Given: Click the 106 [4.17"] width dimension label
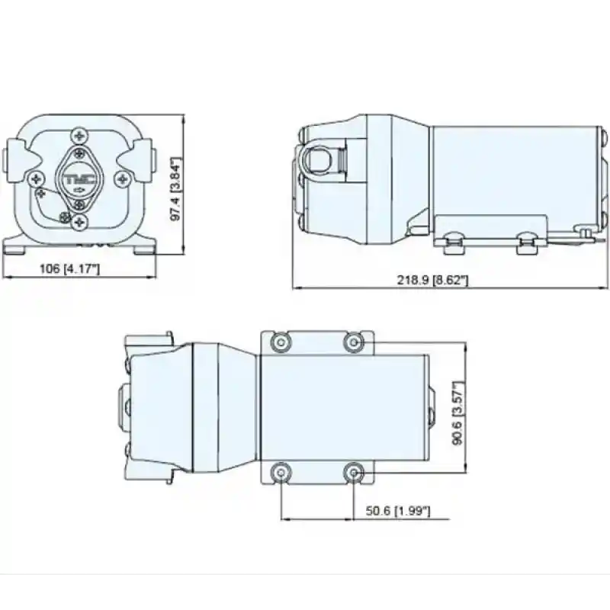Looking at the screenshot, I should (69, 268).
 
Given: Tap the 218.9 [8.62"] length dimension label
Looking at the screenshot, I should (432, 280).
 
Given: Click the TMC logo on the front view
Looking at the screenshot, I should (80, 180).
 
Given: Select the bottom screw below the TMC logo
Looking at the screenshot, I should (80, 222).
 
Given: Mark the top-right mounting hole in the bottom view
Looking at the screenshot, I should (352, 341).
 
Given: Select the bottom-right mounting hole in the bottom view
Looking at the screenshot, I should (352, 473).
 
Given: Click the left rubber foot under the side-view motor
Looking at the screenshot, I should (451, 243).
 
